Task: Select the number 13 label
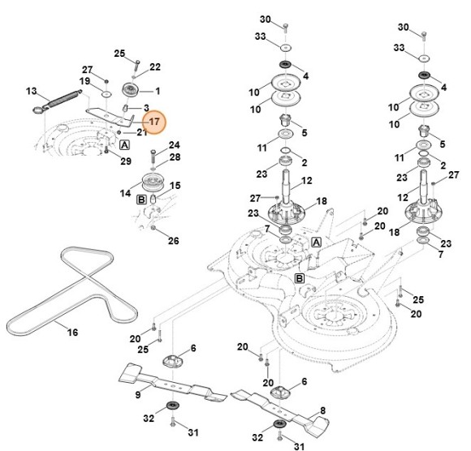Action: pos(32,90)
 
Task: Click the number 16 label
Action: pos(72,333)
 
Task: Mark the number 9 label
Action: pos(138,394)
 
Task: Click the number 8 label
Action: pos(322,411)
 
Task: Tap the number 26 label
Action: pos(173,240)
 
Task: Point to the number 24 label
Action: pos(174,145)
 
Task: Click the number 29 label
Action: pos(126,161)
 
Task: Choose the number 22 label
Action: pos(155,67)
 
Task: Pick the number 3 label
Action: pos(145,108)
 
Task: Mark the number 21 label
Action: pos(141,132)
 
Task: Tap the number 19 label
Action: pos(84,81)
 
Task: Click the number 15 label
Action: pos(174,186)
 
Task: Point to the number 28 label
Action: pos(174,157)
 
